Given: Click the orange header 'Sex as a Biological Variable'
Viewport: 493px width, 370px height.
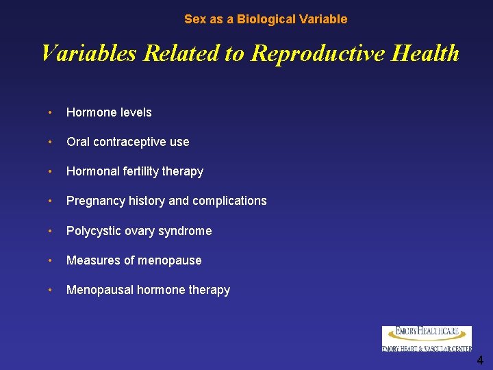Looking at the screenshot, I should tap(266, 19).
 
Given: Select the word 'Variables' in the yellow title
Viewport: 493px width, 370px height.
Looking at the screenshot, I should tap(88, 53).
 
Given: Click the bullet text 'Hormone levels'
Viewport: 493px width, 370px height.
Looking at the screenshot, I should tap(109, 112).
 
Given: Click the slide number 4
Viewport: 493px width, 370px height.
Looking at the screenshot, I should tap(480, 360).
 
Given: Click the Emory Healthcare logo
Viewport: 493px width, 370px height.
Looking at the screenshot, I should tap(427, 338).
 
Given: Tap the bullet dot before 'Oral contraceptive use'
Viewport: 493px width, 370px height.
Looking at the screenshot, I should tap(51, 142).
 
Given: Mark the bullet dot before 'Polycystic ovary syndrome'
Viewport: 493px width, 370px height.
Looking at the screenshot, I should tap(51, 231).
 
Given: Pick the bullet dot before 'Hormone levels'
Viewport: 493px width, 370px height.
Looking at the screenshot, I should tap(51, 112).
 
